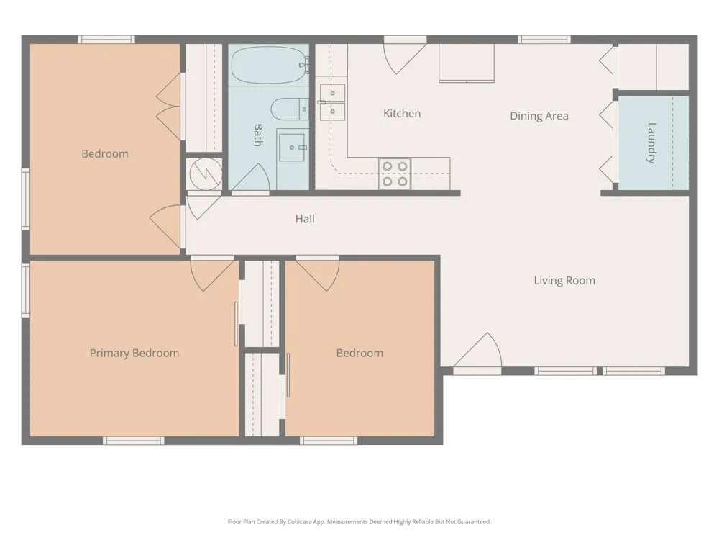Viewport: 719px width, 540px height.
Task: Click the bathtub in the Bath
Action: [269, 65]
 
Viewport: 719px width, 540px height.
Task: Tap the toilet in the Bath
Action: [289, 109]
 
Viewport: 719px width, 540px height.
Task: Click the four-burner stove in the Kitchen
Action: [395, 174]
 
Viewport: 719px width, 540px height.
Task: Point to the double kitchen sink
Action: [332, 102]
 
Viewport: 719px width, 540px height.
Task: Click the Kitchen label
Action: [402, 114]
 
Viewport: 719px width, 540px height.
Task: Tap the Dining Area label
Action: [539, 116]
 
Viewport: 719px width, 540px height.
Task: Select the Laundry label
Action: [651, 143]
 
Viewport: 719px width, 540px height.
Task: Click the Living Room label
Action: [564, 281]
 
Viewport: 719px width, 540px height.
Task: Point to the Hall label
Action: [305, 219]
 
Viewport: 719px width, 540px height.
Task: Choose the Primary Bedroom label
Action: [134, 353]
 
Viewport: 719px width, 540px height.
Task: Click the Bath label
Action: [258, 135]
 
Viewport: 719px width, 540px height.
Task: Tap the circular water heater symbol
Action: [206, 174]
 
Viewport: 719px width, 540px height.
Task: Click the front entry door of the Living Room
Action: [477, 351]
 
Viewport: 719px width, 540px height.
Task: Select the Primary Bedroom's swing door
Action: [212, 274]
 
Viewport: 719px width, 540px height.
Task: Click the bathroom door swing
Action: [250, 178]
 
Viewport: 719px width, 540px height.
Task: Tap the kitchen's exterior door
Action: [405, 56]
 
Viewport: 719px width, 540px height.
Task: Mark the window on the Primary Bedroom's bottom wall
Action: [134, 441]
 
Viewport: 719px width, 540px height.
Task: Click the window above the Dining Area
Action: [544, 40]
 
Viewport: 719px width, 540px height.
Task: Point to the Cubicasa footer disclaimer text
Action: [359, 521]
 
